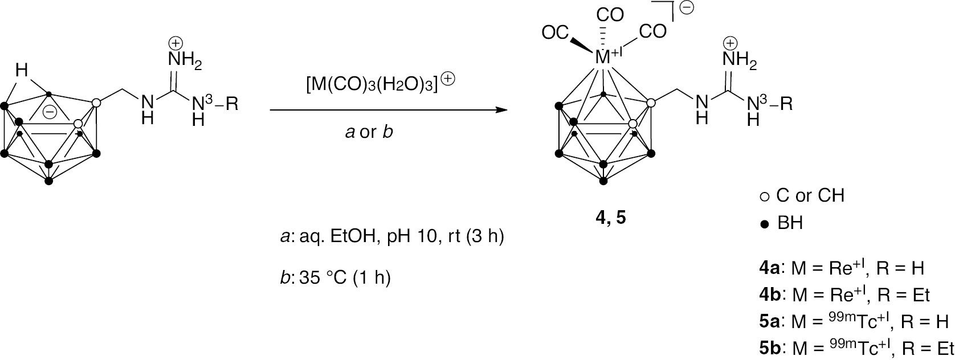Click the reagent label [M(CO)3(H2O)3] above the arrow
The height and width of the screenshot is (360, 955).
(x=372, y=85)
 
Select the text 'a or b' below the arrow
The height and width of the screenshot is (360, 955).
(x=369, y=133)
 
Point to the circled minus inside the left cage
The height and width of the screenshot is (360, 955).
(x=50, y=112)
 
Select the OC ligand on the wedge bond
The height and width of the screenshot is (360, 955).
(x=556, y=32)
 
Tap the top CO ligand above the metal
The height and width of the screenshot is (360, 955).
(x=610, y=15)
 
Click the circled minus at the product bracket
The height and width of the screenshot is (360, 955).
(x=687, y=7)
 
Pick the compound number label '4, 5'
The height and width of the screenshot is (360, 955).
(x=610, y=218)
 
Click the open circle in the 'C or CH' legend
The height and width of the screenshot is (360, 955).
(x=764, y=197)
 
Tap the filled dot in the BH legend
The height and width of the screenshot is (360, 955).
(x=765, y=224)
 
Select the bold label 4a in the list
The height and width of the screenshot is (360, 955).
(x=769, y=268)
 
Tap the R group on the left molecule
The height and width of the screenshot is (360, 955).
(x=232, y=104)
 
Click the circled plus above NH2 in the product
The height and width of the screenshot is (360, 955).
(x=730, y=43)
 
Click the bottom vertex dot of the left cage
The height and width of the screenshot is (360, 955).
(x=49, y=181)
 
